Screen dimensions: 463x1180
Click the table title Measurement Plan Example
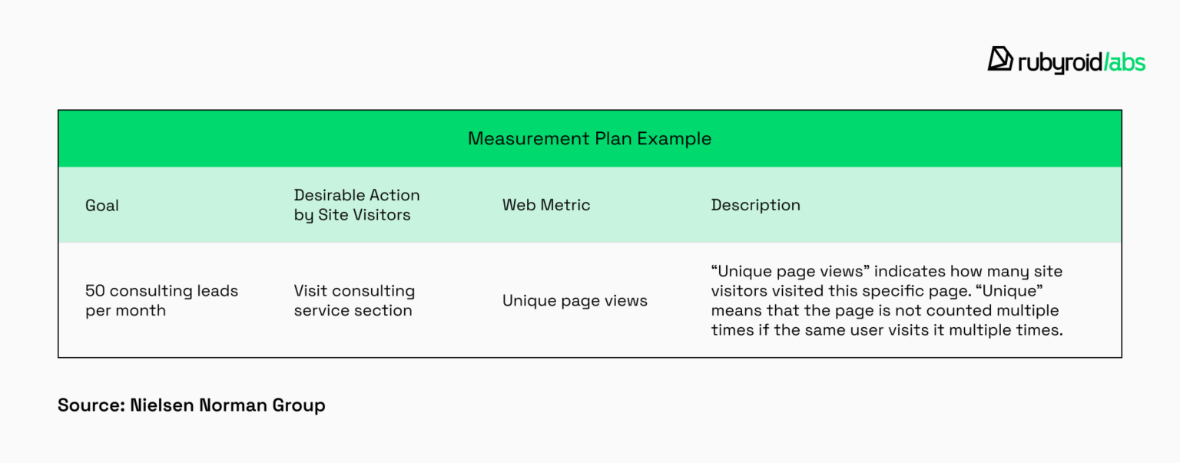[x=589, y=139]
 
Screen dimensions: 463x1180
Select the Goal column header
[x=102, y=205]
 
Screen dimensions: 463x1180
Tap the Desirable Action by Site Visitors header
[x=356, y=205]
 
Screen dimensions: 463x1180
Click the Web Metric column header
[x=546, y=205]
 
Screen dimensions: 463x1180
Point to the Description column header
[x=755, y=205]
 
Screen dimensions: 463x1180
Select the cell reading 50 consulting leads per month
[x=161, y=300]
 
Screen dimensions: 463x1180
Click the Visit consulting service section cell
[x=354, y=300]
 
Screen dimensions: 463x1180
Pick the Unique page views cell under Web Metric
[x=575, y=301]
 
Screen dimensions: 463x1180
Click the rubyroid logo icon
[x=1000, y=59]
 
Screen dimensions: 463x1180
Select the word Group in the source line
[x=299, y=405]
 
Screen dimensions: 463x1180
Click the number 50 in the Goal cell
[x=94, y=291]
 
